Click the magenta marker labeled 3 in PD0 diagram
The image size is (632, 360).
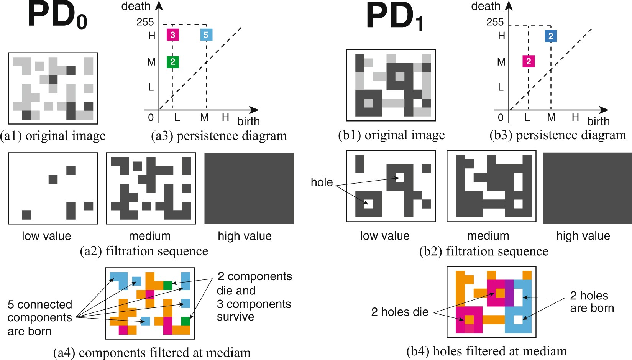coord(172,35)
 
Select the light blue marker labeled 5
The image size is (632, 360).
coord(206,35)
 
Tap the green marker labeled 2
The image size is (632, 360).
coord(172,62)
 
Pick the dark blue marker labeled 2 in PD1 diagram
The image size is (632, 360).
coord(551,36)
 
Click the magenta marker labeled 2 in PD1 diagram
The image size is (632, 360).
coord(529,61)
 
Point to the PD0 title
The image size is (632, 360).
coord(57,16)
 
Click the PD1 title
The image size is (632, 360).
coord(395,17)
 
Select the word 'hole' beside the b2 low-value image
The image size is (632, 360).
coord(322,182)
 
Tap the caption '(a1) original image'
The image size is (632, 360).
coord(53,136)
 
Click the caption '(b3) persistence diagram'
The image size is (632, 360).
coord(558,135)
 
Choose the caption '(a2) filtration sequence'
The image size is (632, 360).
coord(144,251)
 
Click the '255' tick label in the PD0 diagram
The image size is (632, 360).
coord(145,22)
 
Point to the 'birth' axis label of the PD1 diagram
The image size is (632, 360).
coord(598,121)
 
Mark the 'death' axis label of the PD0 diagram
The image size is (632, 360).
coord(136,6)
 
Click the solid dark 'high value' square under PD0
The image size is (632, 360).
coord(249,188)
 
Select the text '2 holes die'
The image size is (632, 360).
coord(400,312)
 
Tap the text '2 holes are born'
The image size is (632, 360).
coord(591,302)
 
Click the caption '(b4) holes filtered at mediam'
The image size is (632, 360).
coord(486,351)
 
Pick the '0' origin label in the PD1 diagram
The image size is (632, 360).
coord(501,117)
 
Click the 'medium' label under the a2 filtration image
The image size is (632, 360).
coord(149,236)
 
